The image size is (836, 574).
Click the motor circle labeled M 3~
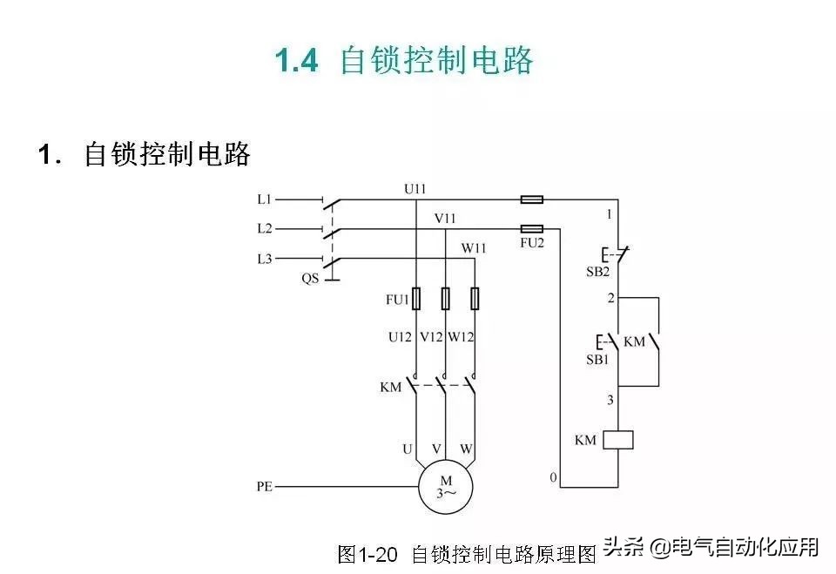click(446, 487)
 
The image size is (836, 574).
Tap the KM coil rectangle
click(618, 440)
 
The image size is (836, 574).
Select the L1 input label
click(265, 199)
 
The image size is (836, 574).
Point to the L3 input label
click(265, 260)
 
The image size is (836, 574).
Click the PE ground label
click(265, 487)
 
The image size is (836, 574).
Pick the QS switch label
click(310, 279)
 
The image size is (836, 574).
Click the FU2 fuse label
click(532, 243)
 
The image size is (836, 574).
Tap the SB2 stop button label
click(597, 272)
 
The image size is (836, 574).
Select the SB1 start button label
click(597, 360)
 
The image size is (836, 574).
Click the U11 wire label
click(415, 189)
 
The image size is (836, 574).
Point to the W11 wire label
click(474, 248)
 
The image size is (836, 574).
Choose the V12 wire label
click(431, 337)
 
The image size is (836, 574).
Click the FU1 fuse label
click(397, 300)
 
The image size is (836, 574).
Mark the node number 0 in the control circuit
click(554, 477)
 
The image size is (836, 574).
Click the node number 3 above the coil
click(610, 400)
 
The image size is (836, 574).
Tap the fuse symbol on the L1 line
click(531, 199)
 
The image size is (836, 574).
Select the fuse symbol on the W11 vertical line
click(475, 299)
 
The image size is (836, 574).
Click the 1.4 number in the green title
click(297, 60)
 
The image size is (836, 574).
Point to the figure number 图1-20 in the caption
click(367, 555)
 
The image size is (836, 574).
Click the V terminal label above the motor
click(436, 449)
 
